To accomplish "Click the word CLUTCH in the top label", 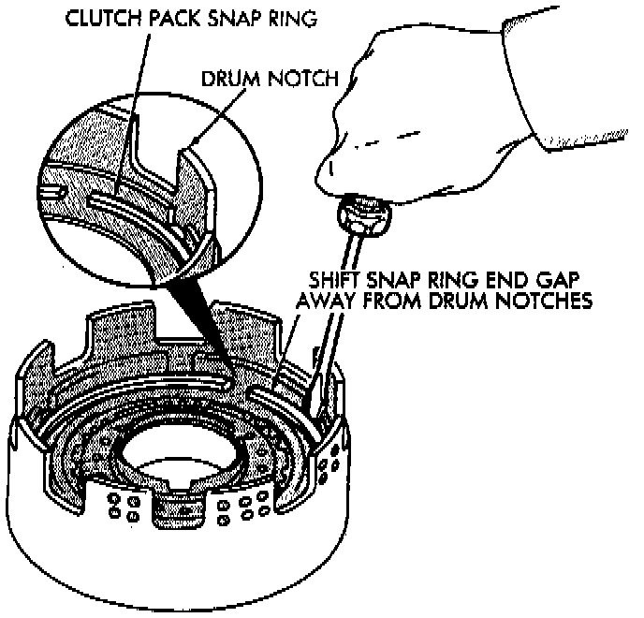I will pos(97,20).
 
